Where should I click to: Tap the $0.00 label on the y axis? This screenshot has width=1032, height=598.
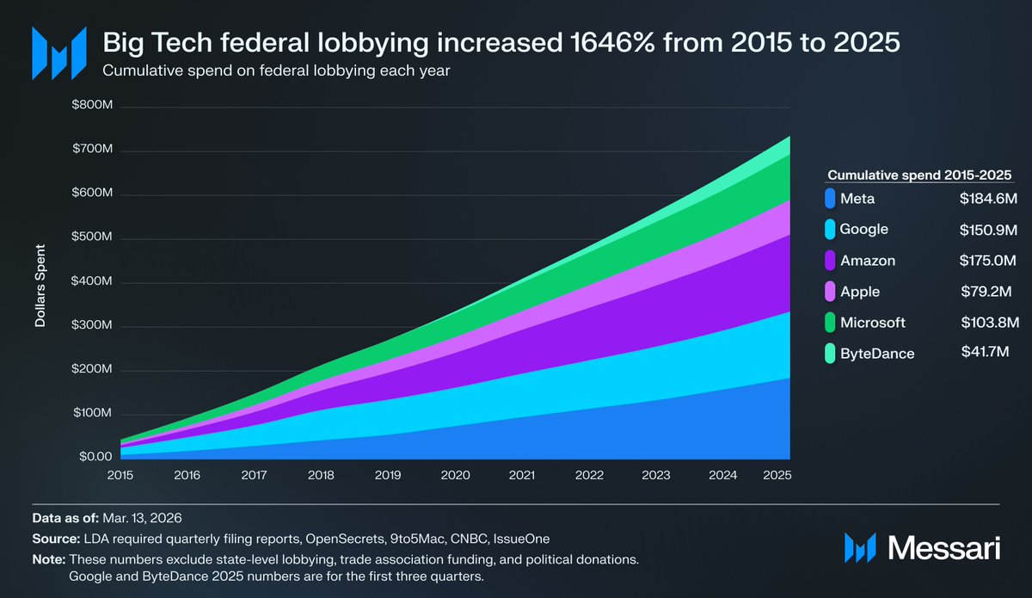(x=95, y=457)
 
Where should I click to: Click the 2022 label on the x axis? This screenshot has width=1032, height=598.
(x=589, y=474)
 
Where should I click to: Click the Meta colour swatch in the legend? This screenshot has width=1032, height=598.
(x=830, y=199)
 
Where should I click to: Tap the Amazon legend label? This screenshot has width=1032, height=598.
(x=869, y=260)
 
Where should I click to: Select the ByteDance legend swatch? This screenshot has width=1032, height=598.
(x=830, y=353)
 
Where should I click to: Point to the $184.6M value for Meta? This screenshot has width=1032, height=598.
(x=989, y=199)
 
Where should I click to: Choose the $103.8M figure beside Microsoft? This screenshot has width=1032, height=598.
(x=990, y=323)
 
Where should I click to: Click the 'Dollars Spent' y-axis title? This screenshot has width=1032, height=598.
(x=40, y=287)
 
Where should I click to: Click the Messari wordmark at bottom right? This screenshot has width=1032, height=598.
(x=943, y=547)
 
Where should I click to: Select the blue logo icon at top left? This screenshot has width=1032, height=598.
(x=58, y=52)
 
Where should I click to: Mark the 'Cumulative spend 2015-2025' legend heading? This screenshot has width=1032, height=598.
(x=919, y=175)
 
